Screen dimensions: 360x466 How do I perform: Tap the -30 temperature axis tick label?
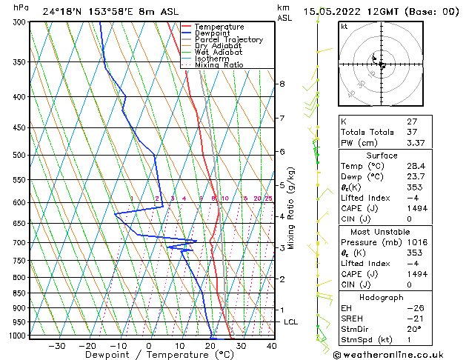coord(56,346)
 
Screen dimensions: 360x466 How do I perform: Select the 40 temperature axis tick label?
coord(271,346)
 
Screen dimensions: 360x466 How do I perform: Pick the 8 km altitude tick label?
coord(282,84)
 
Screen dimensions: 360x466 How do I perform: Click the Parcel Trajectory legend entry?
coord(228,39)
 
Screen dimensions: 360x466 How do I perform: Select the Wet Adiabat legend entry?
coord(219,52)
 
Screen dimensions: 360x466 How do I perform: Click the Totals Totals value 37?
coord(413,133)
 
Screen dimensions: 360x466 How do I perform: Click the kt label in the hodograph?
coord(344,26)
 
